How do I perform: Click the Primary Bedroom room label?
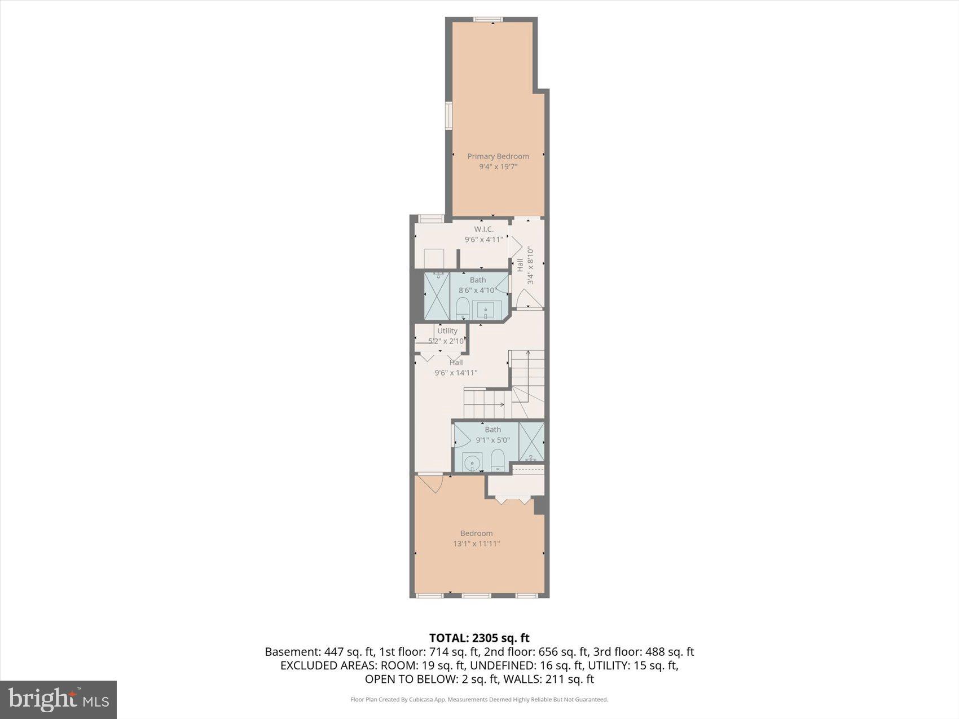click(498, 156)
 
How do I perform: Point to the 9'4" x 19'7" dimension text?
click(498, 167)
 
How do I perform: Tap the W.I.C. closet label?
click(483, 229)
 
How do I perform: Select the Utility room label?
click(447, 331)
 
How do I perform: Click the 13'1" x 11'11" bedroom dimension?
click(477, 544)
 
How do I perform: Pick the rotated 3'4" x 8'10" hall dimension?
click(530, 265)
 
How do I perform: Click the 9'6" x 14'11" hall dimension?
click(456, 373)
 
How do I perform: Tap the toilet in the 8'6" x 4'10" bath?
click(463, 308)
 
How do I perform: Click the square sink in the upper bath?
click(486, 310)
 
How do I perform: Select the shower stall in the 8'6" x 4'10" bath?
click(437, 296)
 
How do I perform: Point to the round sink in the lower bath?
click(471, 463)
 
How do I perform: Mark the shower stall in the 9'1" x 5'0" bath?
click(531, 442)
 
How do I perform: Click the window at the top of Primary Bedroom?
click(488, 20)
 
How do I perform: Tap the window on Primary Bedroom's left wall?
click(449, 116)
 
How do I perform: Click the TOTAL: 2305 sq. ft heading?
click(479, 638)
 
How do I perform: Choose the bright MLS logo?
click(59, 700)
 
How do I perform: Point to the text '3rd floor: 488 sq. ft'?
click(644, 652)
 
